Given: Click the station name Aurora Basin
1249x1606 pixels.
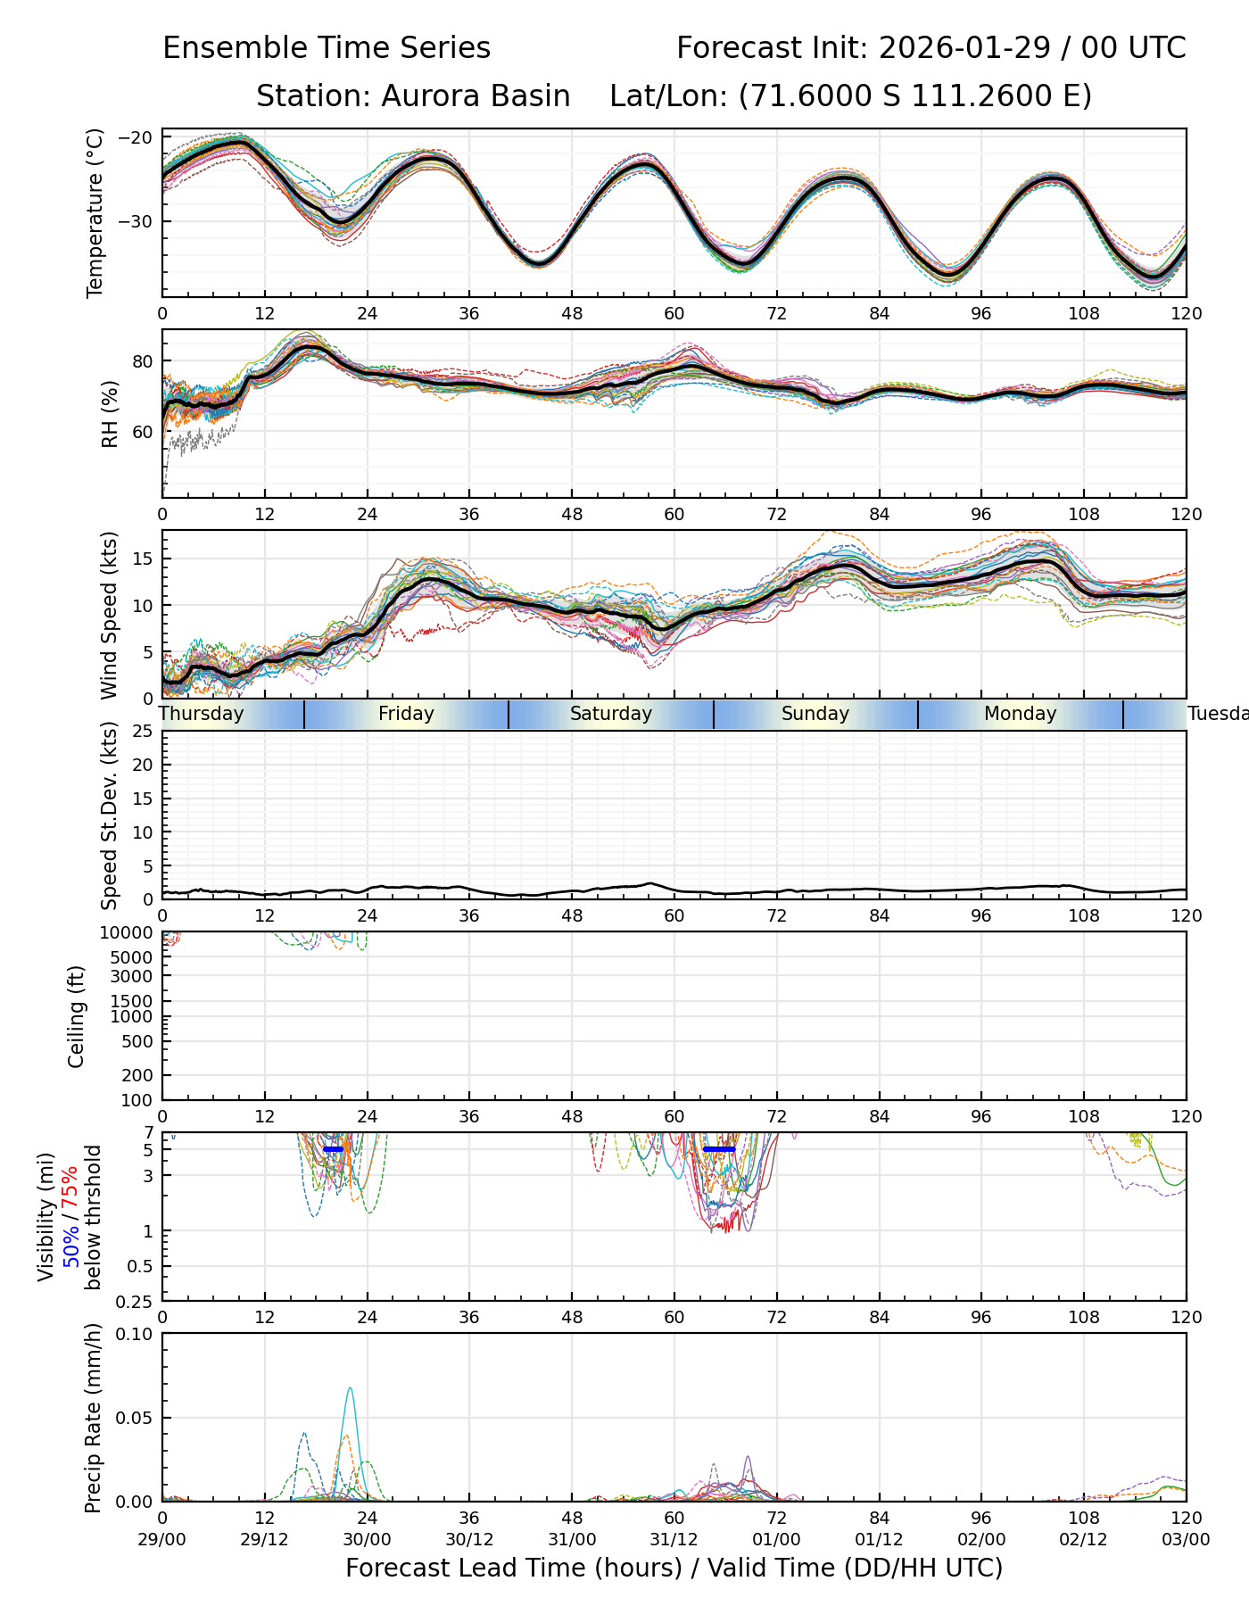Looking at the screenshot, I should click(476, 96).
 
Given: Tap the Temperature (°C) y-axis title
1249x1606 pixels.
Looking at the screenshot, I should click(95, 212).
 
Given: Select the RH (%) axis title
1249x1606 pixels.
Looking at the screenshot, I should click(110, 414).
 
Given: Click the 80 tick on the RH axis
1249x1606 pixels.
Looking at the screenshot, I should click(144, 361).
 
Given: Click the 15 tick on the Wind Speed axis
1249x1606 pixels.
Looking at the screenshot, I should click(144, 559).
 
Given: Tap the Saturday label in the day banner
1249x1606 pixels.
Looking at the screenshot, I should click(611, 714).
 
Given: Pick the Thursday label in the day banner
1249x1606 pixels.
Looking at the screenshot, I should click(203, 714).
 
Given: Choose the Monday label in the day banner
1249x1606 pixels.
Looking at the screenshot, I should click(1020, 714).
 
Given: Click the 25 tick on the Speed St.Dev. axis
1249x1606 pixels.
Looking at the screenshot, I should click(144, 732).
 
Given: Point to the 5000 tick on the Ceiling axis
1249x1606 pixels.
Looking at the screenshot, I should click(135, 957).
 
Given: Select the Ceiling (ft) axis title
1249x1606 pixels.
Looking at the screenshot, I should click(77, 1016).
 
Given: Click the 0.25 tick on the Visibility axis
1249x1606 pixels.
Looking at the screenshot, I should click(136, 1301).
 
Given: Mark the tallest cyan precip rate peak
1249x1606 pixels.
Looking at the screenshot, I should click(350, 1388).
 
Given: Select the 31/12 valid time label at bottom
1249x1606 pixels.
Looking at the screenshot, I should click(674, 1540).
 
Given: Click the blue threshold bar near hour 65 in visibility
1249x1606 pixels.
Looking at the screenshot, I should click(719, 1149).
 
